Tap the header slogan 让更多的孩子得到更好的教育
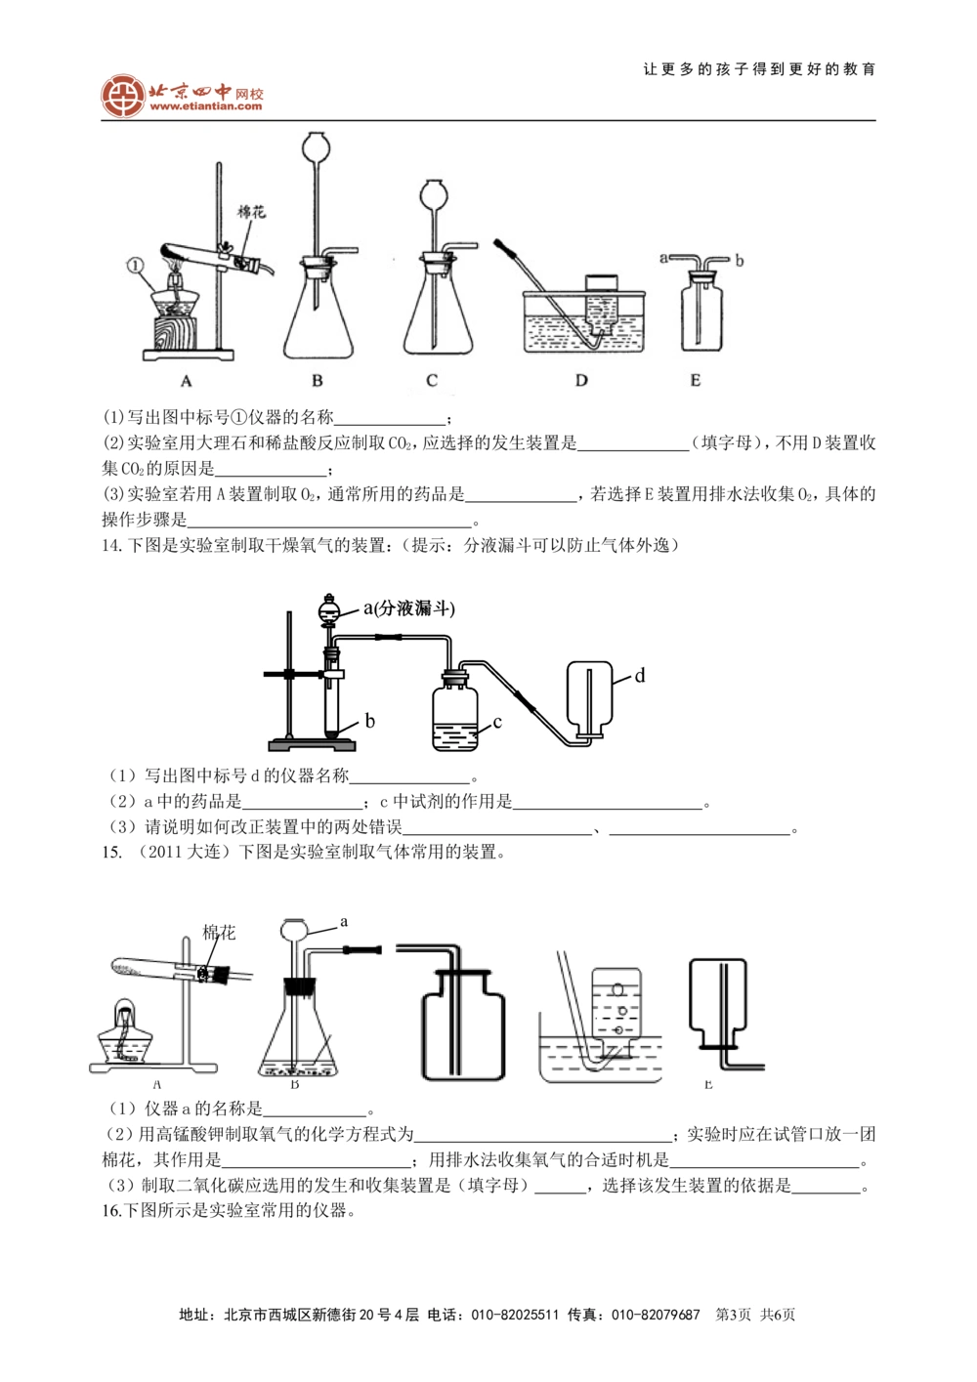(x=759, y=69)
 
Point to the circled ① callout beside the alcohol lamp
(x=135, y=265)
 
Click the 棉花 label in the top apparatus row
(x=251, y=212)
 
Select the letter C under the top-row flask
(x=432, y=380)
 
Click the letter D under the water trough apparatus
(x=581, y=380)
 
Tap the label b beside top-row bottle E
(x=740, y=261)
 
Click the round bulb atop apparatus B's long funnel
(x=316, y=146)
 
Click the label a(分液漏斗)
(x=409, y=608)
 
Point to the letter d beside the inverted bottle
(x=640, y=676)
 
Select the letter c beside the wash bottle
(x=497, y=723)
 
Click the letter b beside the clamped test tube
(x=369, y=722)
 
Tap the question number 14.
(x=111, y=545)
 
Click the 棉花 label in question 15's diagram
(x=219, y=932)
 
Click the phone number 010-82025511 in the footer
(x=515, y=1315)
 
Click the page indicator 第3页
(x=733, y=1315)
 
